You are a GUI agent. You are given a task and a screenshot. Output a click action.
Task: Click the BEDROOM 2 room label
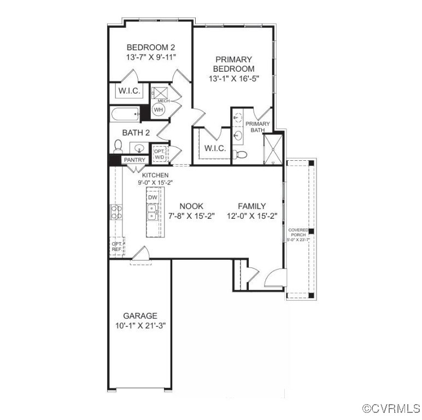point(150,47)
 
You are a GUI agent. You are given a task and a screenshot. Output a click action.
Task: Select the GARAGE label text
point(140,316)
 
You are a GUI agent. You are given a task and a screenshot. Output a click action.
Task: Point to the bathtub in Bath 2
point(124,115)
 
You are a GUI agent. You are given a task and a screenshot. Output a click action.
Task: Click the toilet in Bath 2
point(118,147)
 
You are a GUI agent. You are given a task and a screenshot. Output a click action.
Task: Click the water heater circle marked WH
point(159,110)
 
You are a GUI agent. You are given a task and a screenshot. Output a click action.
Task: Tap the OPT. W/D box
point(159,154)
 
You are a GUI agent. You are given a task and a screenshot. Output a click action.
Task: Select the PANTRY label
point(134,160)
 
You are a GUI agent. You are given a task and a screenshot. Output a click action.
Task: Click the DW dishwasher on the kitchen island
point(153,197)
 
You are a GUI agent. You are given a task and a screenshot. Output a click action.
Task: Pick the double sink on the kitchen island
point(153,212)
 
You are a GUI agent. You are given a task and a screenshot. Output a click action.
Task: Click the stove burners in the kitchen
point(116,212)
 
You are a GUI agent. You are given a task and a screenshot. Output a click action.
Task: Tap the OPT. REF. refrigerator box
point(117,246)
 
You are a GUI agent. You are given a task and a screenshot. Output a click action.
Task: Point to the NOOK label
point(191,206)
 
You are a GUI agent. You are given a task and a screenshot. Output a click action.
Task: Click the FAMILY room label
point(251,206)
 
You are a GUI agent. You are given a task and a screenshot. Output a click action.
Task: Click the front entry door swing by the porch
point(274,279)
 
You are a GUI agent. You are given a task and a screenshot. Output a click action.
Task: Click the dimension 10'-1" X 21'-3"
point(140,325)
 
